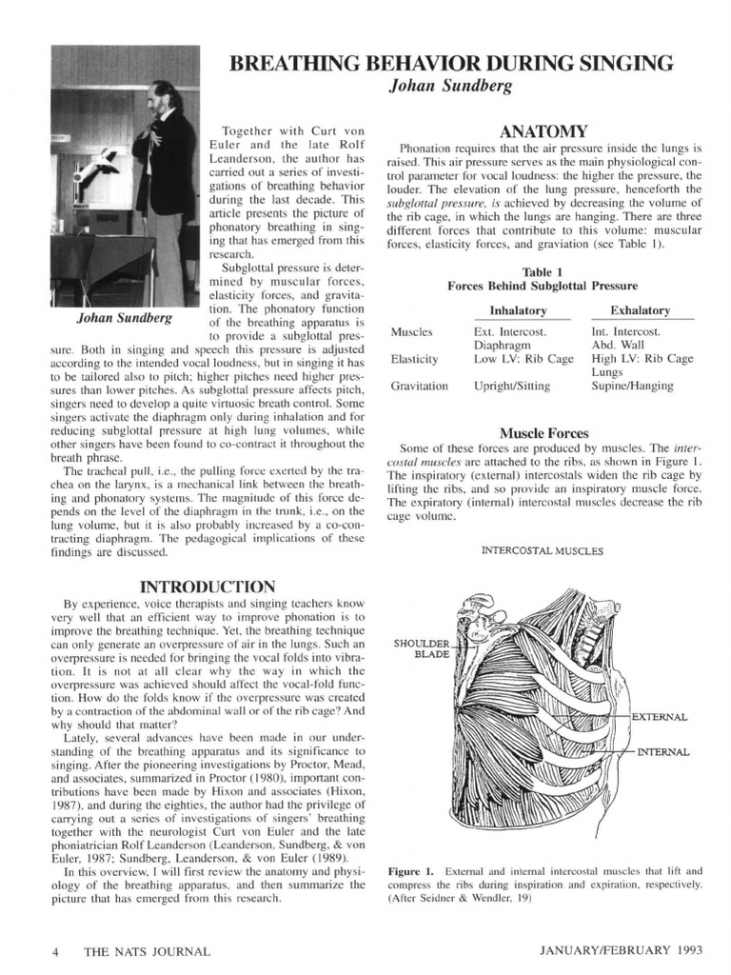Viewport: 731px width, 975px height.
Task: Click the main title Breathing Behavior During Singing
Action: [452, 64]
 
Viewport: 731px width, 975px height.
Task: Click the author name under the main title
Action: [451, 87]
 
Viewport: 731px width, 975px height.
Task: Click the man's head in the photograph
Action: [163, 94]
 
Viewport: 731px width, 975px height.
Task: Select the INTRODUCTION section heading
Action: [207, 586]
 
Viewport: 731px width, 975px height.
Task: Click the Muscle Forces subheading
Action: [543, 432]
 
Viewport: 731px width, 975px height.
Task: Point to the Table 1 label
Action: [543, 271]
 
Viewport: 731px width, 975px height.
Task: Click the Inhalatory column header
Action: [518, 310]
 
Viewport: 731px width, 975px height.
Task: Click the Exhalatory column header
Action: [640, 310]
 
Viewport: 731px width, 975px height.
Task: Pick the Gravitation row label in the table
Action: [419, 386]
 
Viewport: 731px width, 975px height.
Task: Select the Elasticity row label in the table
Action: [414, 359]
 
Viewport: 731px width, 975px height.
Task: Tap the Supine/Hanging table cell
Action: [632, 386]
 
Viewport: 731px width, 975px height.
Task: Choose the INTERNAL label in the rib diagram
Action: [662, 751]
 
